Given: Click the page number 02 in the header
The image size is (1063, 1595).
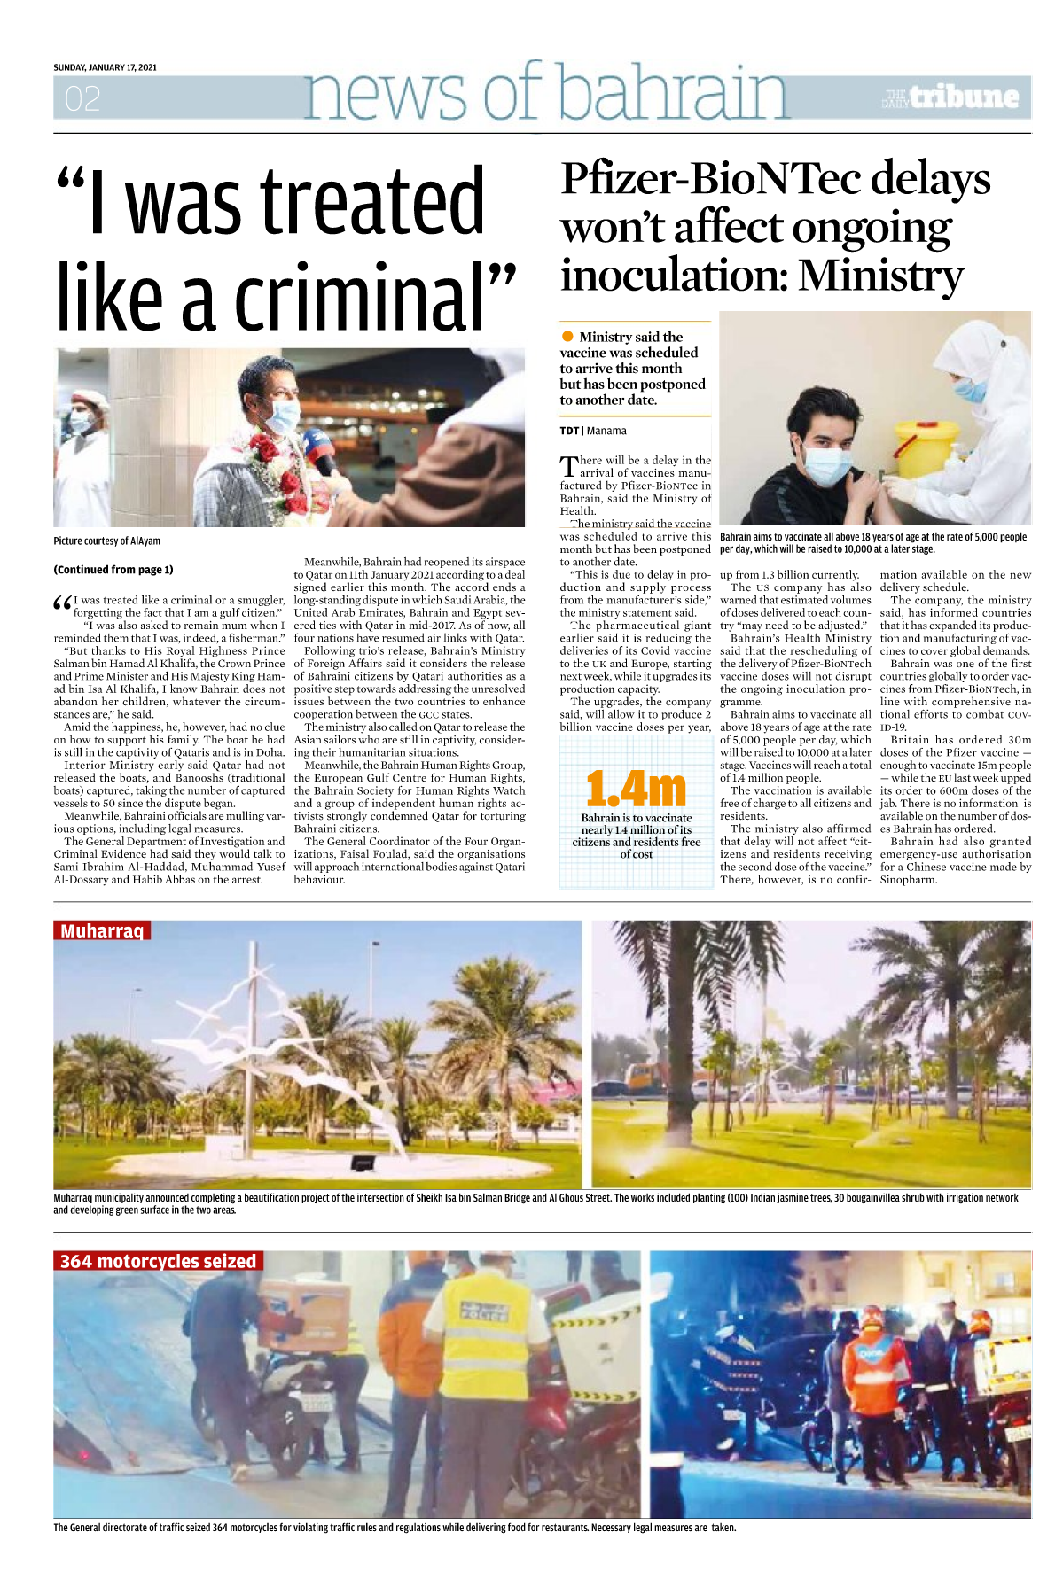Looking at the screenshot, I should (x=82, y=98).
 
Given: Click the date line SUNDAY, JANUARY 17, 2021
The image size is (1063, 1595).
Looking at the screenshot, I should (x=105, y=67).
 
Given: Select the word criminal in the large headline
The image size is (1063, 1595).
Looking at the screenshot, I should (x=358, y=298).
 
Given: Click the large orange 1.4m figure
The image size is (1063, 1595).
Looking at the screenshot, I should (x=636, y=789).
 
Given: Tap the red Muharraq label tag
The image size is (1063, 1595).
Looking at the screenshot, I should (x=102, y=931).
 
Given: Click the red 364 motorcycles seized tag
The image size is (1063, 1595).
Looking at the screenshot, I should (x=158, y=1261).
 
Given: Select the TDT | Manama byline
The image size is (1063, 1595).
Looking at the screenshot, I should (x=592, y=432).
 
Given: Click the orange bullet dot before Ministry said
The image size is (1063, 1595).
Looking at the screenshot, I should (x=567, y=337).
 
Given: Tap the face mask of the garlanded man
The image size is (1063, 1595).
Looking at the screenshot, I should (x=282, y=415).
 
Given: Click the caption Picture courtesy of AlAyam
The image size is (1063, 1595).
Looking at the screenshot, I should (x=106, y=541).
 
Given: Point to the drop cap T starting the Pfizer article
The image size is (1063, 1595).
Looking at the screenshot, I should (x=568, y=466).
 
